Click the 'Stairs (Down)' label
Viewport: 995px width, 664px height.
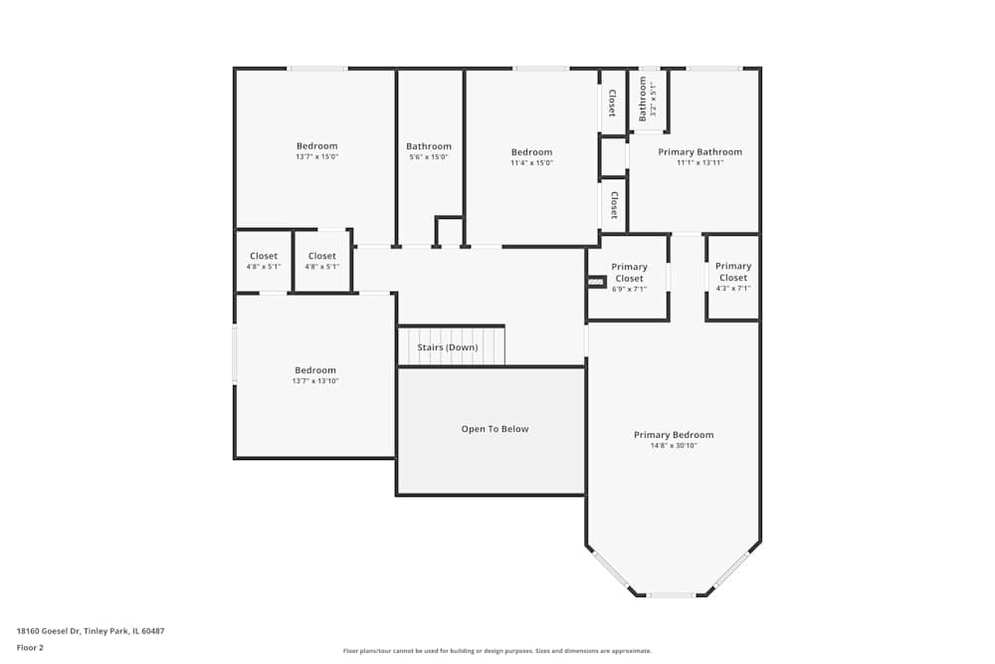[x=447, y=347]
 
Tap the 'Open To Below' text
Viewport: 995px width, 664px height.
[x=495, y=429]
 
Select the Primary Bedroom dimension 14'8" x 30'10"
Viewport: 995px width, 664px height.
[x=674, y=446]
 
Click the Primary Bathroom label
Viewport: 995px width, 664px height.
[x=699, y=152]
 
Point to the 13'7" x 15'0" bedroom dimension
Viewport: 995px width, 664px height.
[x=316, y=157]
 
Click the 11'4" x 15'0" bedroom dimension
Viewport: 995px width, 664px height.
[x=531, y=163]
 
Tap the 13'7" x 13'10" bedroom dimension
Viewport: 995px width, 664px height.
[x=315, y=381]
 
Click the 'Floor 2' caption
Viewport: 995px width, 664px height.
[x=30, y=647]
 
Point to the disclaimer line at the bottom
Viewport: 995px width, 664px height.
[x=497, y=651]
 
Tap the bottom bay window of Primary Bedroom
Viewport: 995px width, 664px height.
[x=672, y=595]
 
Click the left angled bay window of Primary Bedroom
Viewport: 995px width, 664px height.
[x=610, y=569]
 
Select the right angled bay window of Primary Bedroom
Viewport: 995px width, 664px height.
[x=731, y=569]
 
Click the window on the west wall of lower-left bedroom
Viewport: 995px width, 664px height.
[x=235, y=353]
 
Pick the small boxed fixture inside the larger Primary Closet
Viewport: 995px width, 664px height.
[x=596, y=282]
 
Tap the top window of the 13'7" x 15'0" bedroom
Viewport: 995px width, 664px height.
[x=317, y=68]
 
